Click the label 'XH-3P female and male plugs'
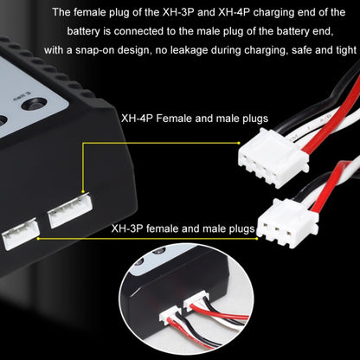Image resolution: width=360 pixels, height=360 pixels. (x=182, y=230)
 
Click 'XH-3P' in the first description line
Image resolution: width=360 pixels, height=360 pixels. (x=164, y=12)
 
